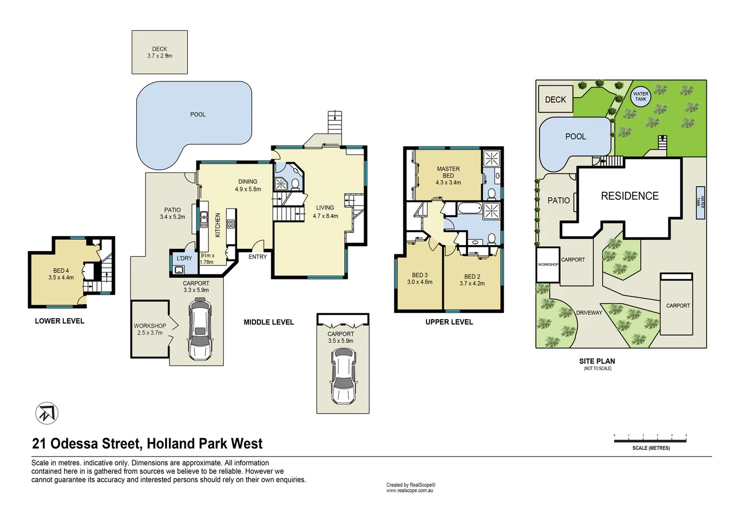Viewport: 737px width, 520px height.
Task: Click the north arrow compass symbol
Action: (x=47, y=414)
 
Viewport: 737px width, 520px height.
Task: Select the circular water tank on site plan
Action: (x=640, y=97)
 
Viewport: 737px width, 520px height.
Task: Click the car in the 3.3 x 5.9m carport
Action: (x=200, y=329)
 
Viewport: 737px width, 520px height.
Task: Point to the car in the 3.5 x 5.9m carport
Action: (x=343, y=376)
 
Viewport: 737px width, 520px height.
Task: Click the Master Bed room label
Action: (x=448, y=172)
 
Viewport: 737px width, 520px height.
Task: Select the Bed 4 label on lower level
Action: (x=61, y=271)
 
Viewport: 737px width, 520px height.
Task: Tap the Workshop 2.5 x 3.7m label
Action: (x=150, y=326)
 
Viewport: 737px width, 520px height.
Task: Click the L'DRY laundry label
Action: (x=184, y=259)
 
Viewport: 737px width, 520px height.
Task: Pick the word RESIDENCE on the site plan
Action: (x=630, y=196)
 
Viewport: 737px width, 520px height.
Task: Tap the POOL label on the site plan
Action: (x=575, y=137)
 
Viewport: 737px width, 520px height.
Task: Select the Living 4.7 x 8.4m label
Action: (x=325, y=212)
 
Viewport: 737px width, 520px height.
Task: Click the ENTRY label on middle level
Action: (x=258, y=257)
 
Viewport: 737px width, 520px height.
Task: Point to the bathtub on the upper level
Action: (x=469, y=208)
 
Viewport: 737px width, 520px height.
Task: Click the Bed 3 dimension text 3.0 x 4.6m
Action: (x=420, y=282)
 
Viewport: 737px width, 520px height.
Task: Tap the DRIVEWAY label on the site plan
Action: (x=589, y=313)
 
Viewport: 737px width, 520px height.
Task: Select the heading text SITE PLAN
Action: (x=597, y=361)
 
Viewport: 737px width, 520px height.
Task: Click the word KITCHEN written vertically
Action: (x=218, y=225)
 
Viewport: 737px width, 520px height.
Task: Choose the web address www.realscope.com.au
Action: (x=410, y=491)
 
